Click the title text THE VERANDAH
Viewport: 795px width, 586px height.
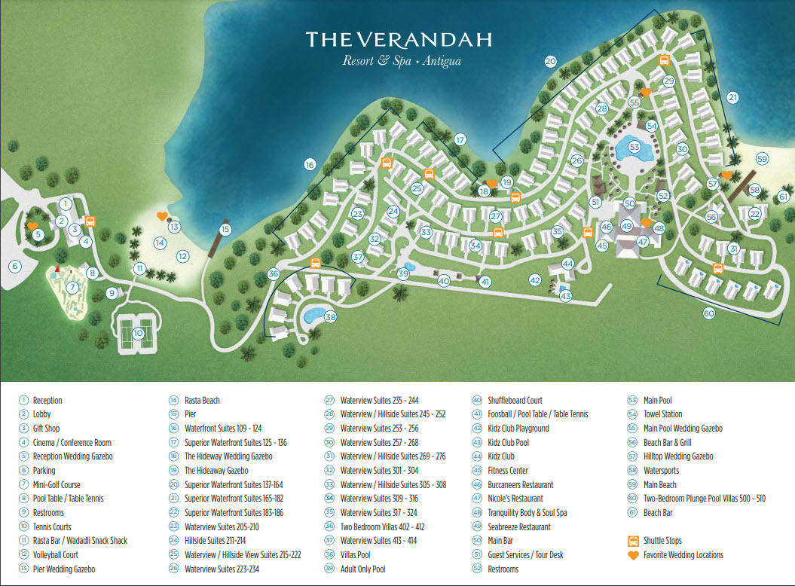click(x=399, y=39)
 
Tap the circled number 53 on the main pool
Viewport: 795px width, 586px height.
click(x=634, y=147)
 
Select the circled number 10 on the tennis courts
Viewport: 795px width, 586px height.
click(x=138, y=333)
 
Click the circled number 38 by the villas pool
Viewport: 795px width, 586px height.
click(x=330, y=317)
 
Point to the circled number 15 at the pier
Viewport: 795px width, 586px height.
click(x=225, y=230)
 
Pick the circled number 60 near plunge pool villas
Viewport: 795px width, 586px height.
click(x=708, y=313)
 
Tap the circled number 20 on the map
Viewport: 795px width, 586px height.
click(x=550, y=62)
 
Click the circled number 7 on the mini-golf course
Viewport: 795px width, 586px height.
click(x=72, y=287)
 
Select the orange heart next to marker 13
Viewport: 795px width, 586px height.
click(x=162, y=216)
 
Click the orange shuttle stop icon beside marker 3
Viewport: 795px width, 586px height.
click(x=90, y=221)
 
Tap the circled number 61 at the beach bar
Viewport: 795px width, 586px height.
click(x=783, y=197)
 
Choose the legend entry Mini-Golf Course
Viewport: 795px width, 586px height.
click(x=57, y=484)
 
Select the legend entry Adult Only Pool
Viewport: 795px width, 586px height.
click(x=362, y=569)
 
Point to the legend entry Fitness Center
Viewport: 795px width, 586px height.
click(x=508, y=471)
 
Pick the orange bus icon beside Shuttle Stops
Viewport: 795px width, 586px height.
click(x=633, y=541)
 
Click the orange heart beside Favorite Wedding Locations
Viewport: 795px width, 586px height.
click(x=633, y=555)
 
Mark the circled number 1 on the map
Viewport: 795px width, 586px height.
click(x=66, y=203)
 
